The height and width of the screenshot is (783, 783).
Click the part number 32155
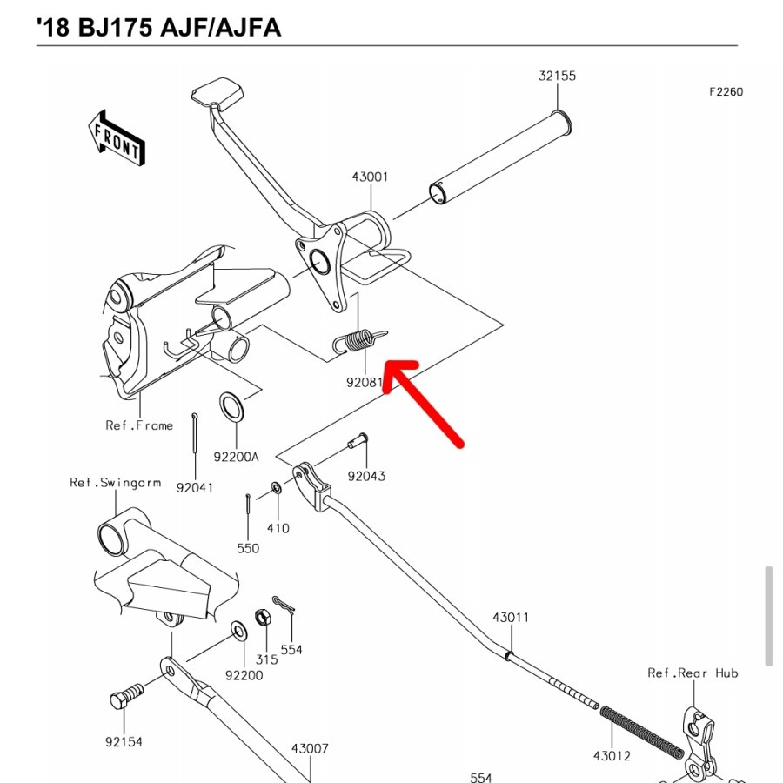pos(557,77)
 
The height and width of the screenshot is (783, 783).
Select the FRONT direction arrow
pos(116,137)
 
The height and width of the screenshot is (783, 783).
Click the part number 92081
pos(365,381)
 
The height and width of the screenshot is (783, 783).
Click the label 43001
pos(370,177)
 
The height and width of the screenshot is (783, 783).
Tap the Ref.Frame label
pos(139,425)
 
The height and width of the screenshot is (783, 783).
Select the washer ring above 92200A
pos(231,405)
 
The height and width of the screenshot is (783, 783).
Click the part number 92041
pos(194,488)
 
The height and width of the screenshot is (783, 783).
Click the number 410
pos(278,528)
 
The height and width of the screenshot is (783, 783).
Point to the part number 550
pos(248,548)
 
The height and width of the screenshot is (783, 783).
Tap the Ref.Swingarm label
pos(116,483)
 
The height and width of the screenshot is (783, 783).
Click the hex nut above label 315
pos(262,619)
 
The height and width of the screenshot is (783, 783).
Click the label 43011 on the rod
pos(511,618)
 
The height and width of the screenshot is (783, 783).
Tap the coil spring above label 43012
pos(642,730)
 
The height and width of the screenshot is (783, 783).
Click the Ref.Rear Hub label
pos(693,673)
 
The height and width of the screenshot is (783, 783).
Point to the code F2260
pos(726,91)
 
